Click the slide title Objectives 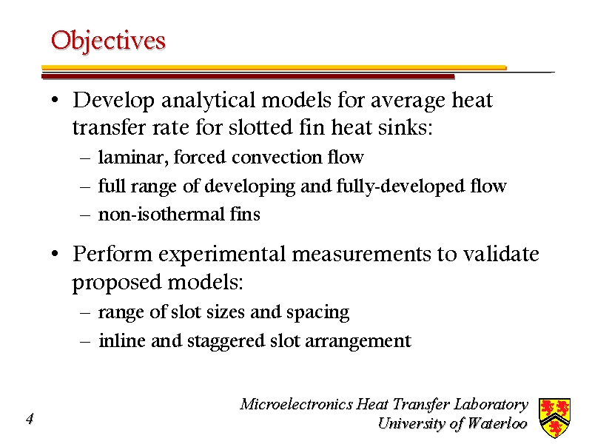[x=108, y=41]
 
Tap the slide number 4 [x=30, y=419]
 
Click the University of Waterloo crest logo [x=554, y=417]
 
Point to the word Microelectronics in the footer [x=297, y=404]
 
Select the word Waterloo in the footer [x=497, y=423]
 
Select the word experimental [x=222, y=255]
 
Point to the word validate [x=501, y=253]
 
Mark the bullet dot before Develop [x=55, y=101]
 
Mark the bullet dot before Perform [x=55, y=254]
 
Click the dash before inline [x=85, y=341]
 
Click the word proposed [x=117, y=283]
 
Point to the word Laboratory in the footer [x=491, y=404]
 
